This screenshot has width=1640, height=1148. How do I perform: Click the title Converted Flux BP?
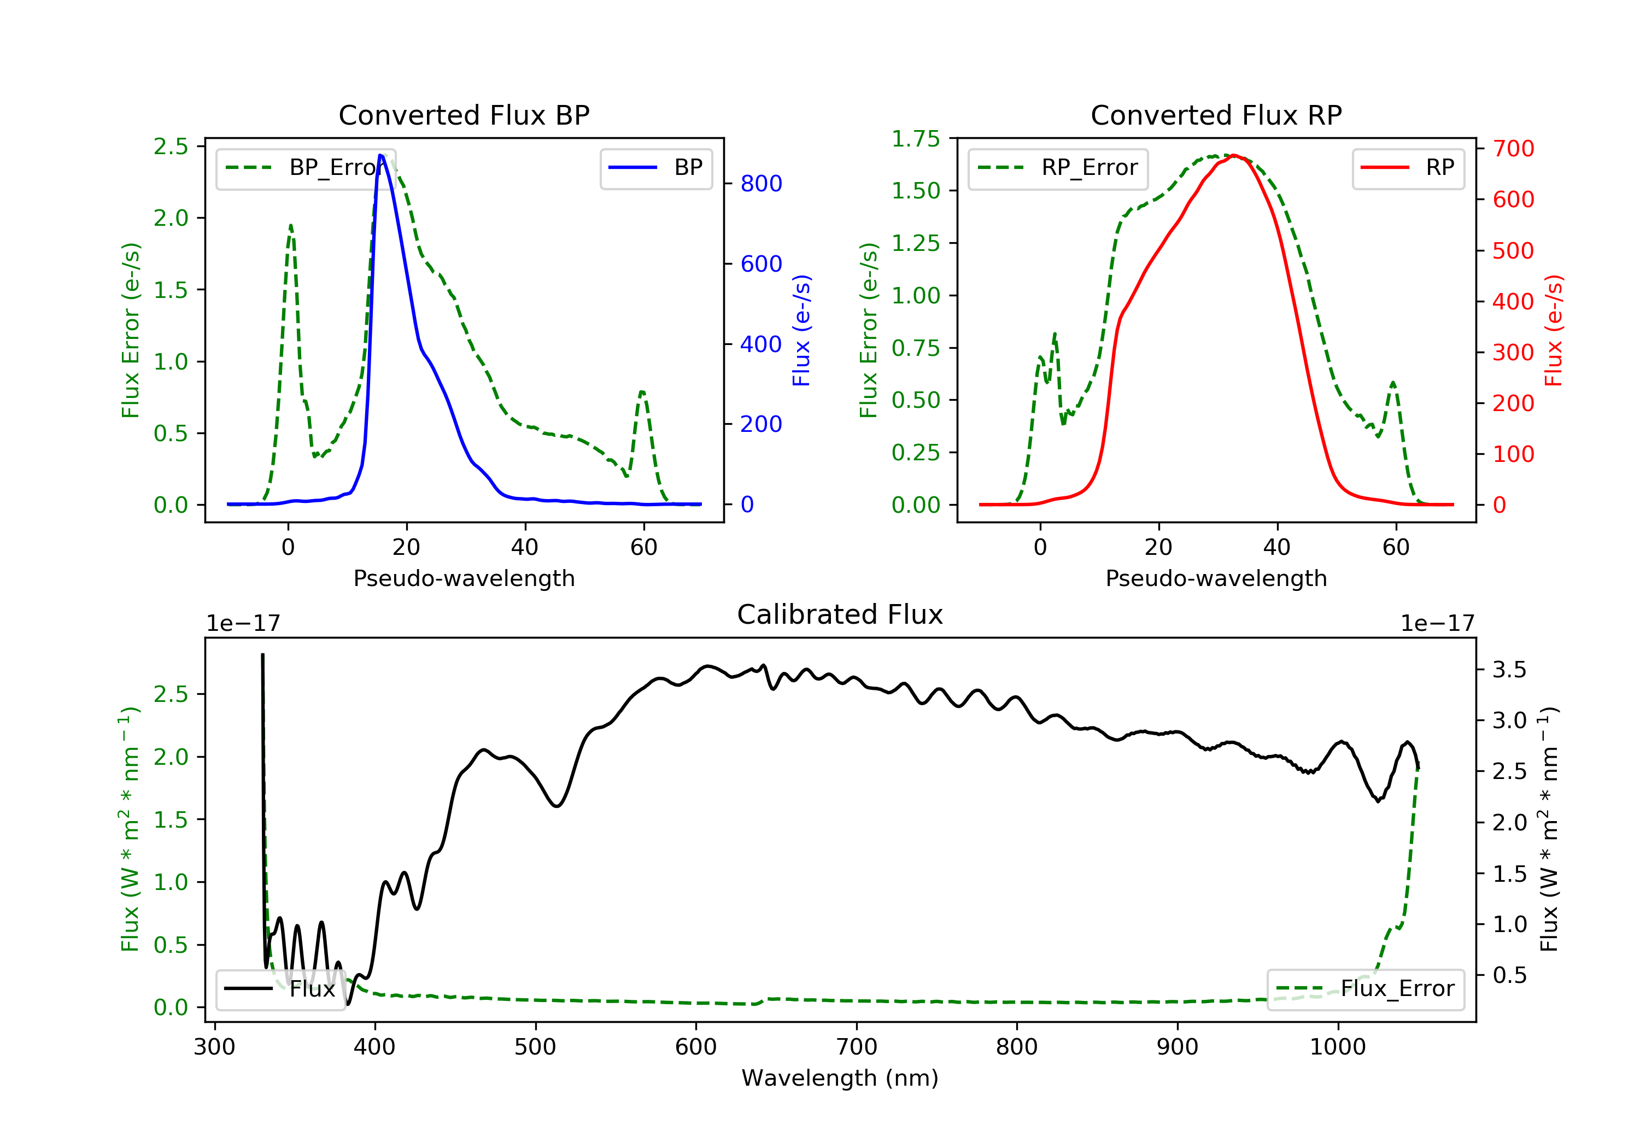pyautogui.click(x=464, y=115)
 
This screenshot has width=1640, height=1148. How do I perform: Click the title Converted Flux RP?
pyautogui.click(x=1216, y=115)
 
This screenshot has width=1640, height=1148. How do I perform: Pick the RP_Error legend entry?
pyautogui.click(x=1058, y=168)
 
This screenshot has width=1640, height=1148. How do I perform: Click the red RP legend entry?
pyautogui.click(x=1408, y=168)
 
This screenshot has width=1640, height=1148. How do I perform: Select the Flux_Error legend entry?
pyautogui.click(x=1365, y=989)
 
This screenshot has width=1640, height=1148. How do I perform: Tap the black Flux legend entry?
pyautogui.click(x=280, y=989)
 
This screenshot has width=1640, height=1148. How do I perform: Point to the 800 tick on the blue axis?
pyautogui.click(x=761, y=184)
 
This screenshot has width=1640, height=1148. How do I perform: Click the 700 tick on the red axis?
pyautogui.click(x=1513, y=149)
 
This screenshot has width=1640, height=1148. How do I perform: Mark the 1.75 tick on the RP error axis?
pyautogui.click(x=916, y=139)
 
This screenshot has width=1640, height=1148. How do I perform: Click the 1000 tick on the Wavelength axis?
pyautogui.click(x=1337, y=1047)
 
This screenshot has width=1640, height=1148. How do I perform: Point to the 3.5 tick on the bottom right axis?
pyautogui.click(x=1509, y=669)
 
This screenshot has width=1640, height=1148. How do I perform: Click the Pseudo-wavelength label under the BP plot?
pyautogui.click(x=464, y=578)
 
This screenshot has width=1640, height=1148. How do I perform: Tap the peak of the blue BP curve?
pyautogui.click(x=380, y=155)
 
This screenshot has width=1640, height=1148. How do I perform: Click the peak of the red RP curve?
pyautogui.click(x=1234, y=155)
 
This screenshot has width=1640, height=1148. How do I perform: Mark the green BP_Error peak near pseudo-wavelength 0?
pyautogui.click(x=291, y=226)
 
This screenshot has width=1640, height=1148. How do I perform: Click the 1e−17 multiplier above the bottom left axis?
pyautogui.click(x=243, y=624)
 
